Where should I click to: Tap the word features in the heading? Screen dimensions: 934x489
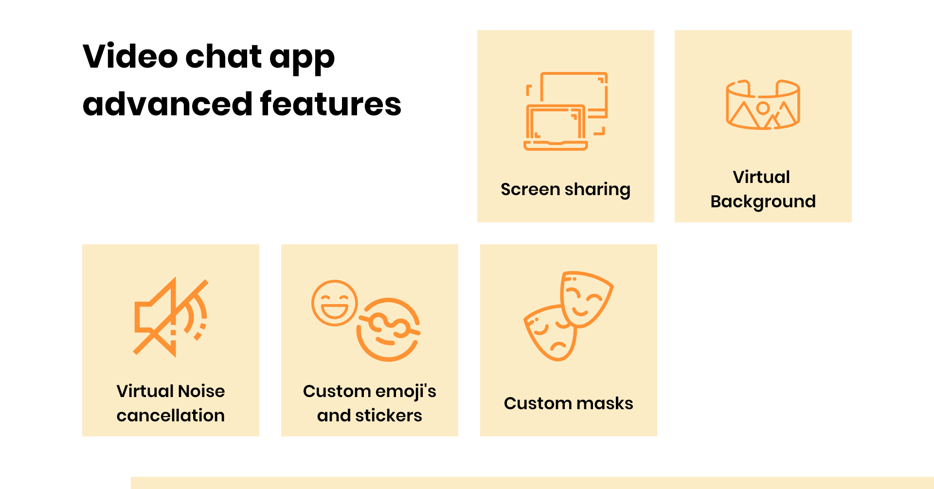click(330, 104)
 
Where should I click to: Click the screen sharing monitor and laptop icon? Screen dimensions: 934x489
click(566, 111)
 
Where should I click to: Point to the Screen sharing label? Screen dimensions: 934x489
click(565, 189)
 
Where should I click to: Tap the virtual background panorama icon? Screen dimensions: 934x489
click(763, 105)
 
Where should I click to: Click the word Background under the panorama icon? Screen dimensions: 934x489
click(763, 201)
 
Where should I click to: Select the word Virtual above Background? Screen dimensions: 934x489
click(761, 177)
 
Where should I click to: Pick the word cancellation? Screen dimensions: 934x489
click(171, 416)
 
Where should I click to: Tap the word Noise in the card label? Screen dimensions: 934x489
click(201, 391)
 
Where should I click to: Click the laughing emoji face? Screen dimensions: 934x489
click(335, 303)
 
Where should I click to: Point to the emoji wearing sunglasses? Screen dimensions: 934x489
click(389, 330)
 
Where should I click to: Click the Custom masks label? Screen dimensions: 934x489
click(568, 403)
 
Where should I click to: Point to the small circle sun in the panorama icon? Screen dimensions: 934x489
click(763, 108)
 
